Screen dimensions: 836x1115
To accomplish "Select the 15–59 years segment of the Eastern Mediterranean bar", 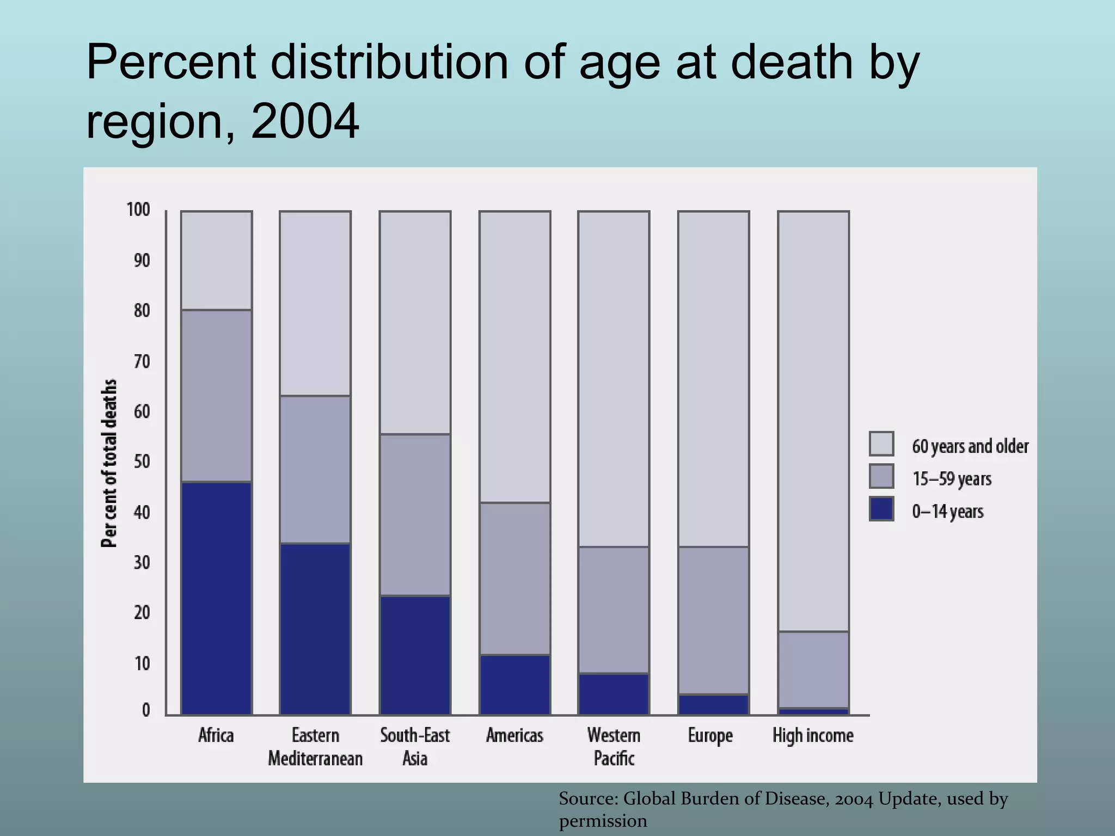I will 315,469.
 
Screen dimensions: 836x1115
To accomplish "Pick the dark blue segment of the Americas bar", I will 514,685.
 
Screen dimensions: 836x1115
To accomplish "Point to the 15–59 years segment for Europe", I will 713,620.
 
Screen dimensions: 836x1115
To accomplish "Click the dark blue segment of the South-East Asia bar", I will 415,655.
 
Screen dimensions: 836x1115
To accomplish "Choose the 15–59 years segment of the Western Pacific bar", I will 614,610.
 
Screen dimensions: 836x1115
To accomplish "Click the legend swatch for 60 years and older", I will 881,444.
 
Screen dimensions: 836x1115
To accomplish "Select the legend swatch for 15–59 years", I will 881,476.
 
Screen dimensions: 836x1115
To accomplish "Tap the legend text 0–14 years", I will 948,511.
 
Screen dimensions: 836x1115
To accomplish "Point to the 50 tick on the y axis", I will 141,462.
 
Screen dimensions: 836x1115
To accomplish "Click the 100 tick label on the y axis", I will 138,210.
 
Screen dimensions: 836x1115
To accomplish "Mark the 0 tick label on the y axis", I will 145,710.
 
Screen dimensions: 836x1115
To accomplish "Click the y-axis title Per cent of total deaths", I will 109,463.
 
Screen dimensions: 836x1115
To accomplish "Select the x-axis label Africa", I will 216,735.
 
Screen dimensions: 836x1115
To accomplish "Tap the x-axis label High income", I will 813,735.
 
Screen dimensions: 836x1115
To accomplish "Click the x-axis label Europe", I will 710,735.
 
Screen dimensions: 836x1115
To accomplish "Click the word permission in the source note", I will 603,820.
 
